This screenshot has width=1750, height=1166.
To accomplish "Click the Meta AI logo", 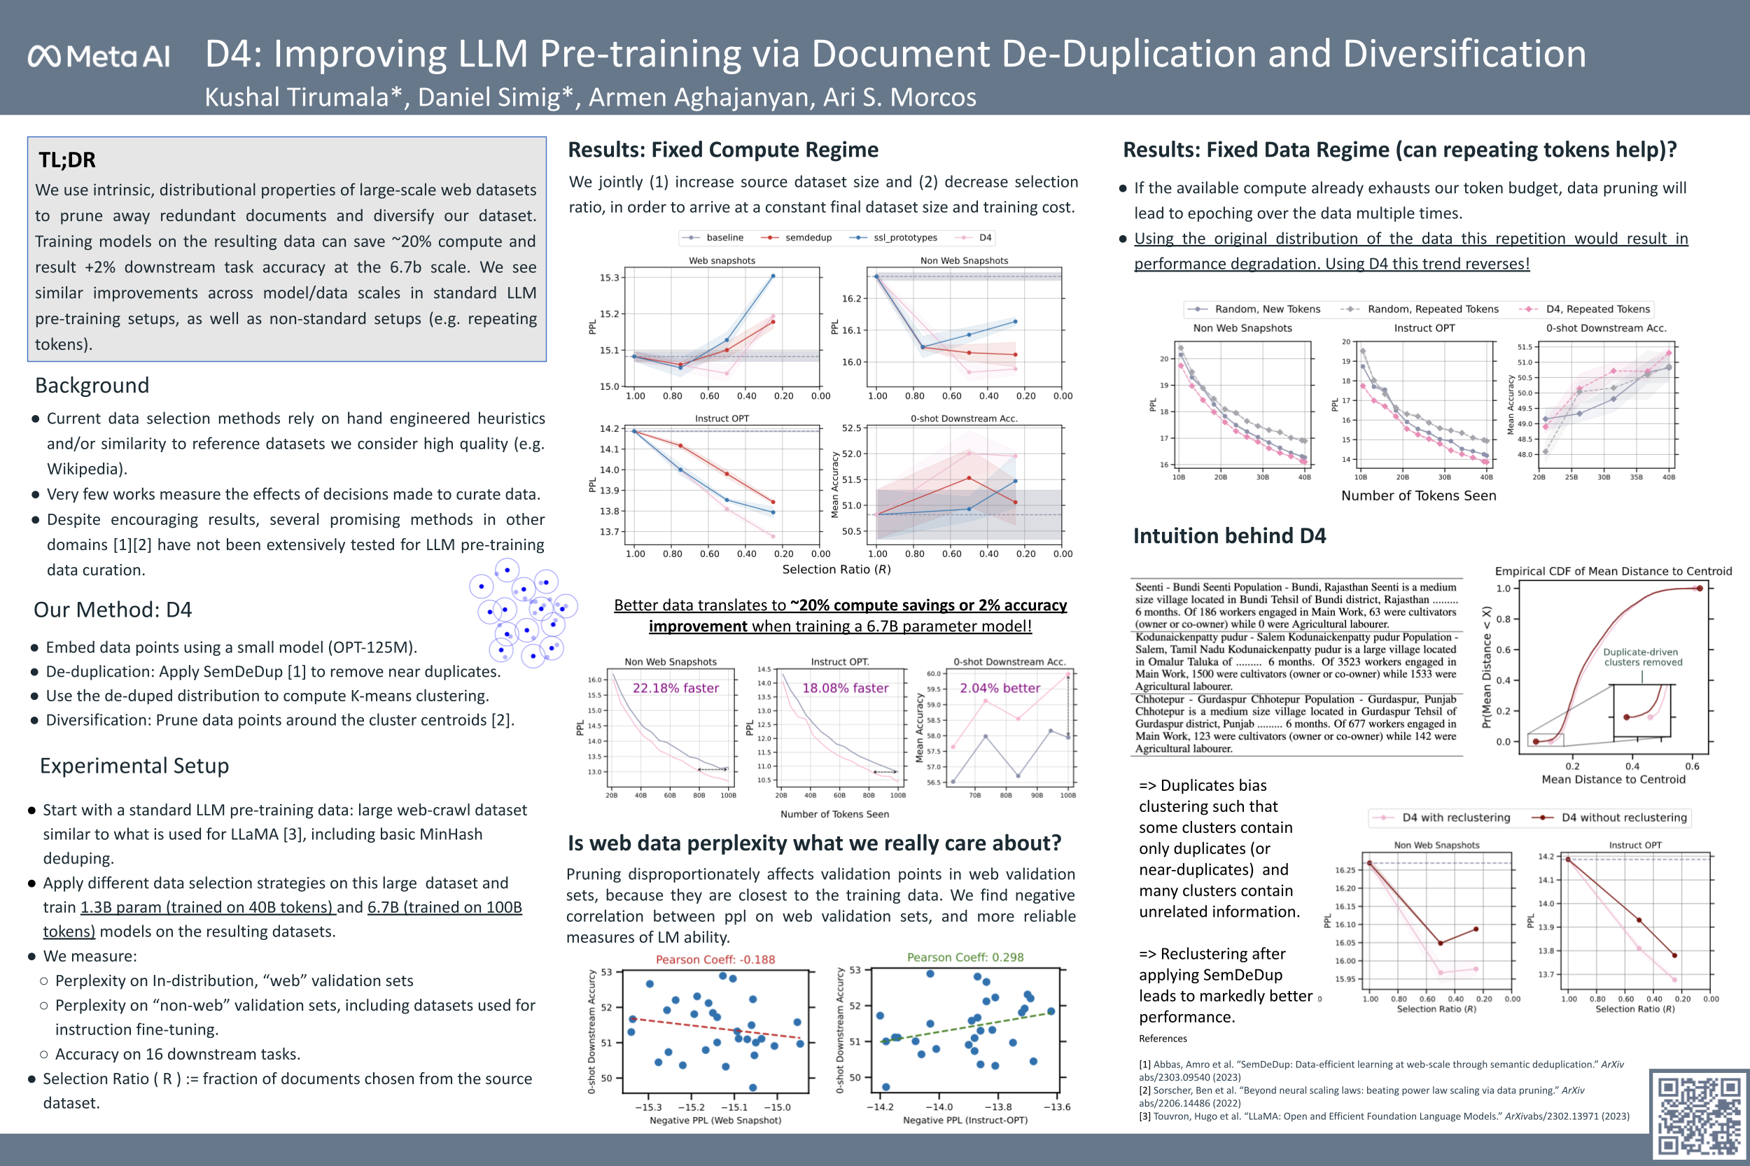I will point(99,57).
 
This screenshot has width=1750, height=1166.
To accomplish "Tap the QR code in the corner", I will point(1698,1116).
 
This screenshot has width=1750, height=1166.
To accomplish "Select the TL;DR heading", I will point(67,160).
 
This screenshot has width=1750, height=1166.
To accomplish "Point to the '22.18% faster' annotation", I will point(675,689).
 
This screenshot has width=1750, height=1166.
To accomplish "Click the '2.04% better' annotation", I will point(1000,689).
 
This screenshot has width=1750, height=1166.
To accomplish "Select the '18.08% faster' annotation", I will point(845,689).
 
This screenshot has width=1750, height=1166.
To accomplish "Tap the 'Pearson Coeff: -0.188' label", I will point(715,960).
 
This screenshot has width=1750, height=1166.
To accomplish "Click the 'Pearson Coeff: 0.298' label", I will point(965,957).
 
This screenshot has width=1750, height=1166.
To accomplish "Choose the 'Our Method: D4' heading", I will point(112,610).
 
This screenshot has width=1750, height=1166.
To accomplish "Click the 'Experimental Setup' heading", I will point(134,766).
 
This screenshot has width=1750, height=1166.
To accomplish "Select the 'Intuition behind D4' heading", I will point(1228,536).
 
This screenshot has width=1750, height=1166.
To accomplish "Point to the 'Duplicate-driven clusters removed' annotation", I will point(1642,657).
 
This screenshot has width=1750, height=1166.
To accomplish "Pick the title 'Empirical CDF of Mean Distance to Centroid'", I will point(1612,571).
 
